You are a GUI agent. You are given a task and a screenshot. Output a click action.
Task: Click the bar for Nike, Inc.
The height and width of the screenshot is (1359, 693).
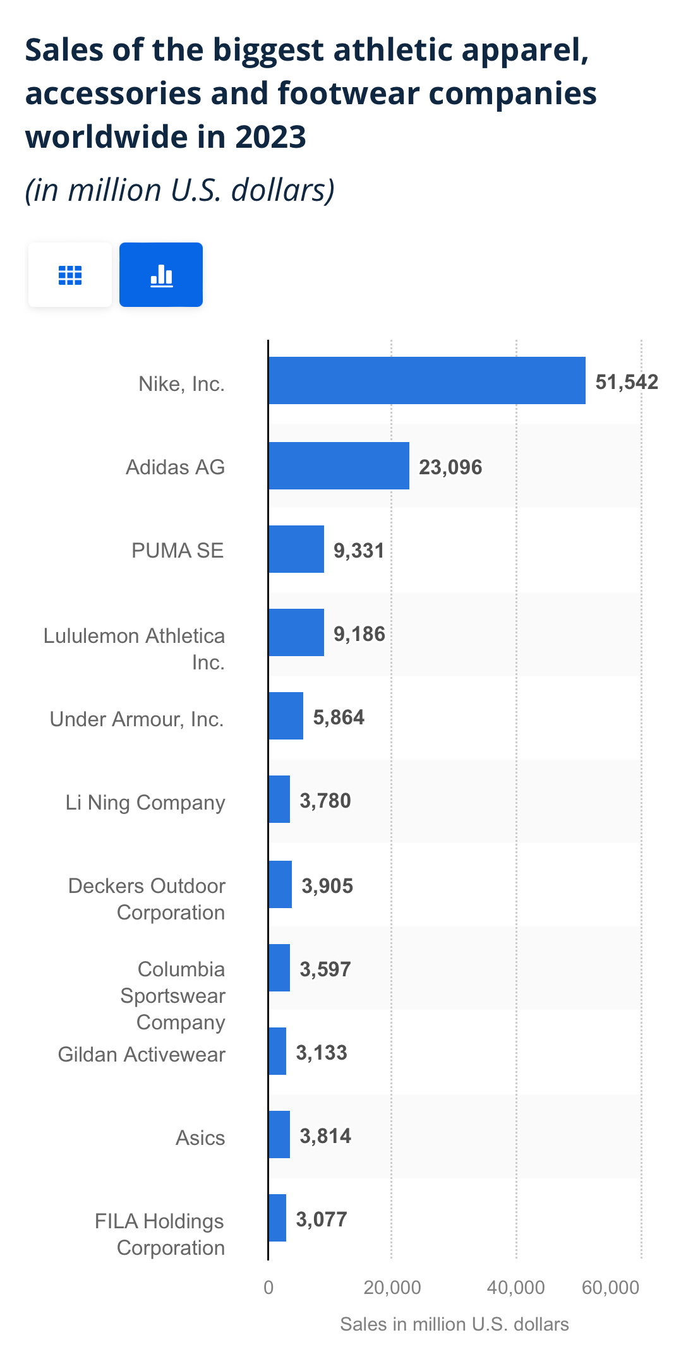(426, 380)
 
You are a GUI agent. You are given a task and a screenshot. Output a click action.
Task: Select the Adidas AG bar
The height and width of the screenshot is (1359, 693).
(339, 465)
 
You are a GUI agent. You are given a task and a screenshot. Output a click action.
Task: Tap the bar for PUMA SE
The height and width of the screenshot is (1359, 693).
(296, 549)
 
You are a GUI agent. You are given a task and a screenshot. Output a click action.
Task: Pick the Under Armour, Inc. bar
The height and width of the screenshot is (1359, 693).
(286, 715)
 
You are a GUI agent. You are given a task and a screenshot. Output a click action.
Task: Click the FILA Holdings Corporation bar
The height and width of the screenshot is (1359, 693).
(277, 1218)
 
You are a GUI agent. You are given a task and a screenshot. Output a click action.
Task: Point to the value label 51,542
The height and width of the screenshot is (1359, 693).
(627, 382)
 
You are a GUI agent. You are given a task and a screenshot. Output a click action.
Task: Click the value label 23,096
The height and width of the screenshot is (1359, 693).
(450, 467)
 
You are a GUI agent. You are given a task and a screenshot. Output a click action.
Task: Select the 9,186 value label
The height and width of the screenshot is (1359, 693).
(359, 633)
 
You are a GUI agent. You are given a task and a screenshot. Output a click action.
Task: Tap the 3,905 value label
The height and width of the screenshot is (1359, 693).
(327, 885)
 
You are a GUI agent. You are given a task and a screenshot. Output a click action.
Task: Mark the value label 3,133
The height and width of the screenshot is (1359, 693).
(322, 1052)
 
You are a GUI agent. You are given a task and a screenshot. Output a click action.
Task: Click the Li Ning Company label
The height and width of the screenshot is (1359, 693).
(145, 802)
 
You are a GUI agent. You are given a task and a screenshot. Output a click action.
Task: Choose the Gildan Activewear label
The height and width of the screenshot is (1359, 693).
(142, 1054)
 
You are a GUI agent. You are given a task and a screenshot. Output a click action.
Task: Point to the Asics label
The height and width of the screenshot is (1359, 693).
(200, 1137)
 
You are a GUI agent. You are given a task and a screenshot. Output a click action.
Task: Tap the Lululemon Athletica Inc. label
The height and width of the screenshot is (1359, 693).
(134, 649)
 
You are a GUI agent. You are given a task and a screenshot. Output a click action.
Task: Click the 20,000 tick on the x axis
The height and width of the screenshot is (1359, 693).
(392, 1287)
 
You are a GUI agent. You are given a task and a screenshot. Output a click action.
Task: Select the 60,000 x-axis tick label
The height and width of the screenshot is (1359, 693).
(611, 1287)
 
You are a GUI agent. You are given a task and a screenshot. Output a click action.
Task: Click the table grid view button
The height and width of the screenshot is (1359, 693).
(70, 275)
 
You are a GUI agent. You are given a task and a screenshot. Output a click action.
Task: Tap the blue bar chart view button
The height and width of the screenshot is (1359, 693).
(161, 275)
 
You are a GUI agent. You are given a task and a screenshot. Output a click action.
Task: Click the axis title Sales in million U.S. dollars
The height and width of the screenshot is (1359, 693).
(454, 1324)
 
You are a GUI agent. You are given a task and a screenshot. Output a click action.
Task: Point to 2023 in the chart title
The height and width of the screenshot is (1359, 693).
(270, 137)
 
